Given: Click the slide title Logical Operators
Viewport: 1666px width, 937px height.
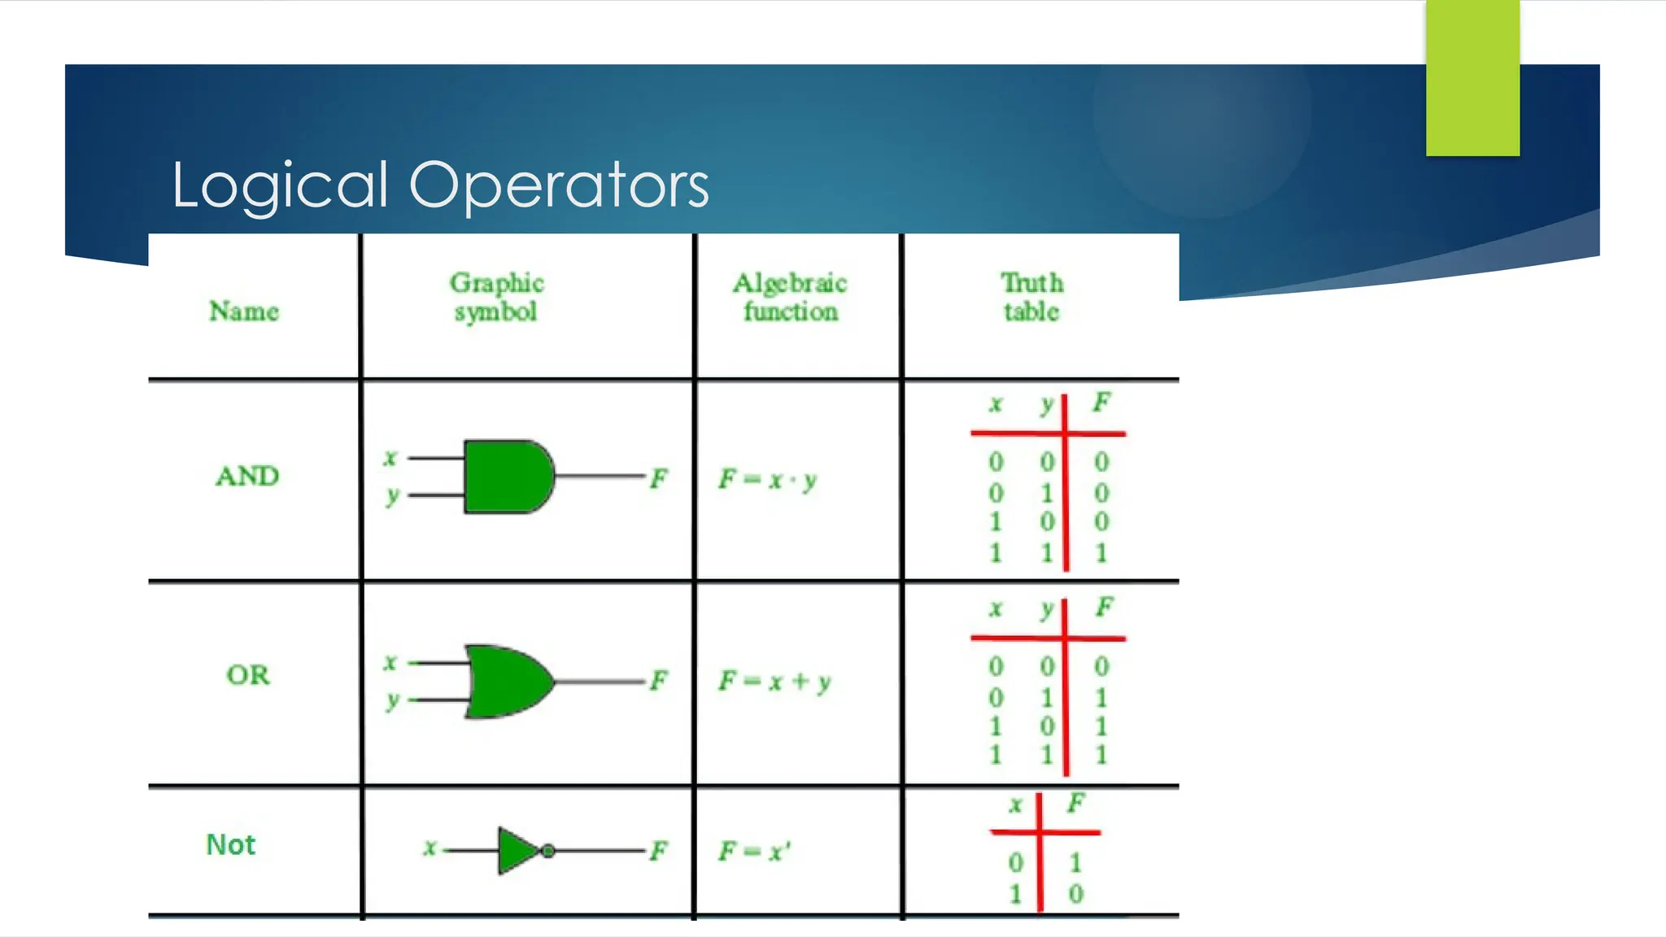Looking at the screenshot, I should click(x=439, y=185).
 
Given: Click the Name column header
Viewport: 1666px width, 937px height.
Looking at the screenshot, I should click(x=244, y=311).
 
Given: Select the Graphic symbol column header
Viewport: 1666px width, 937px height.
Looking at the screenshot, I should click(x=496, y=297).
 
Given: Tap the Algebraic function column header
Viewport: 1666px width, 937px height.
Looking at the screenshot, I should click(x=790, y=297).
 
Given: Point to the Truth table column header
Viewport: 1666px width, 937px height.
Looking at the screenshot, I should click(x=1031, y=297).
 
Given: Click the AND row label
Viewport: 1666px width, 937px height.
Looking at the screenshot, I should click(x=247, y=476).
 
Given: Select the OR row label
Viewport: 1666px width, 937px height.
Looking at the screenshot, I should click(x=247, y=674).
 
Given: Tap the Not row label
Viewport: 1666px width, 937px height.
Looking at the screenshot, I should click(x=231, y=844).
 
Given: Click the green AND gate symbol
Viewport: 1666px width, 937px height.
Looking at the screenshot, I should click(x=507, y=477).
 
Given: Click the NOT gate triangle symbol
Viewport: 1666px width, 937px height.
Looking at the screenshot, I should click(x=517, y=851).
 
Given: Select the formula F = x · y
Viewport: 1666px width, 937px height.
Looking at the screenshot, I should click(x=767, y=480).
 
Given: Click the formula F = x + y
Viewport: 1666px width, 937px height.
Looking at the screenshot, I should click(x=774, y=681).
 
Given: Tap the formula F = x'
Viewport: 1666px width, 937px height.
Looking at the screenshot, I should click(x=754, y=852).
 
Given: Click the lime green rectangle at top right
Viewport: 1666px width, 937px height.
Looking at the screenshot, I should click(x=1472, y=77).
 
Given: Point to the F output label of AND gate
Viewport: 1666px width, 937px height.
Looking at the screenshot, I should click(x=658, y=478).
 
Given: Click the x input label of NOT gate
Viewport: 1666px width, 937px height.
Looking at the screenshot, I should click(x=430, y=848).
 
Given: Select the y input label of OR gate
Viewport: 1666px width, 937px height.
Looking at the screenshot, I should click(x=393, y=700).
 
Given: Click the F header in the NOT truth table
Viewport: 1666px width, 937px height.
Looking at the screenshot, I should click(x=1075, y=804).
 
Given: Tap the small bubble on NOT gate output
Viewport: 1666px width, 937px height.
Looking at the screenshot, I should click(x=548, y=851).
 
